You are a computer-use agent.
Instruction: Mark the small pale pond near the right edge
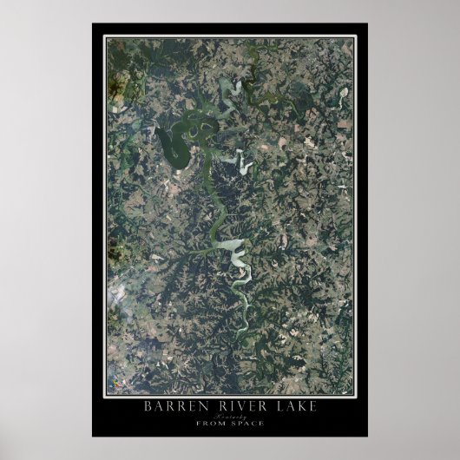point(344,91)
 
